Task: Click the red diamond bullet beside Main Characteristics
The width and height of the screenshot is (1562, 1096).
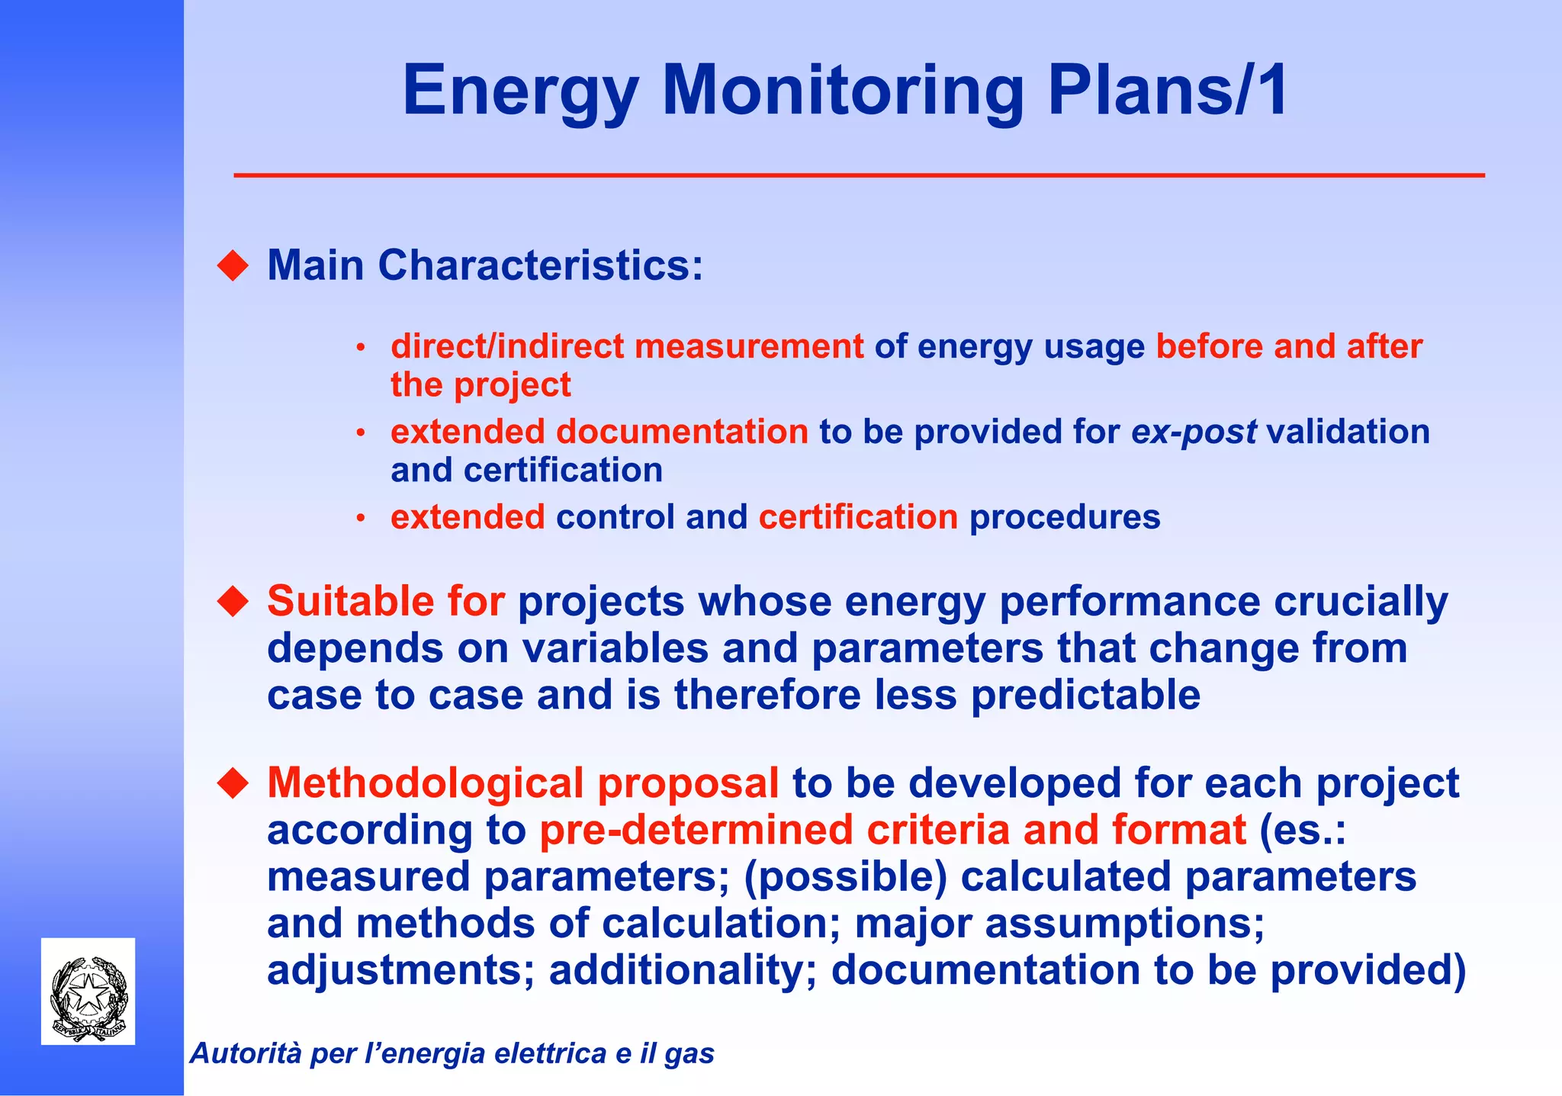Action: click(233, 266)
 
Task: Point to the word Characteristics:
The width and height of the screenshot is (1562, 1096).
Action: click(540, 265)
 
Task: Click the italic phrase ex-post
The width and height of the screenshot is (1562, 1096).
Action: click(1194, 432)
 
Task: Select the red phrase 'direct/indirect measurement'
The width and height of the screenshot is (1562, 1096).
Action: click(627, 346)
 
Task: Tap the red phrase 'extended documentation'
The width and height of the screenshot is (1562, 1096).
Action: click(599, 432)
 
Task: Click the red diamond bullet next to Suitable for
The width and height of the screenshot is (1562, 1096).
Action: click(233, 601)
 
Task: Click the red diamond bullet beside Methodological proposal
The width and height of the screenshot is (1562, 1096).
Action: click(233, 783)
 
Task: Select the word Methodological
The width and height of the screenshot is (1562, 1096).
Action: click(425, 783)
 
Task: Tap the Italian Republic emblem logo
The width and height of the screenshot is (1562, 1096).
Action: click(88, 992)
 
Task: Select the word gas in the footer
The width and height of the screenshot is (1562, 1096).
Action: click(689, 1054)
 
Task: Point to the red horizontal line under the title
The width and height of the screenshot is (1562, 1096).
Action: click(859, 175)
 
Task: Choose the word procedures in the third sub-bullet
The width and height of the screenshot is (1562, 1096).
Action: click(1065, 517)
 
